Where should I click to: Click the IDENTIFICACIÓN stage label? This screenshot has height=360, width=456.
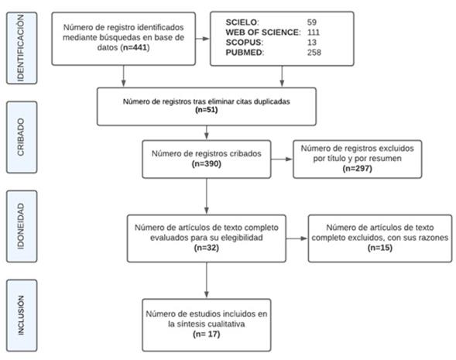[x=21, y=48]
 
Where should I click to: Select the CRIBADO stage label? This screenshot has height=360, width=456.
[x=21, y=137]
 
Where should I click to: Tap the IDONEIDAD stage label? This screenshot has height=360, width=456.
[x=21, y=226]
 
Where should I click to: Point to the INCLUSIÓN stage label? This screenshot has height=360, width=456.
[x=21, y=316]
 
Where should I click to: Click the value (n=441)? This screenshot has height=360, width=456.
[x=135, y=47]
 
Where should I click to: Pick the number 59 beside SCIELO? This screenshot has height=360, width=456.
[x=312, y=22]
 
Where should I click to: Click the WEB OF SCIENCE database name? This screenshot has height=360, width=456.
[x=263, y=33]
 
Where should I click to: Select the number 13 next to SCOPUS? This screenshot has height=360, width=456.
[x=312, y=43]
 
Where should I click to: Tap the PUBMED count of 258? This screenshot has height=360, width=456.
[x=314, y=53]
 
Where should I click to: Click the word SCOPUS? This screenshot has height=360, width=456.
[x=244, y=43]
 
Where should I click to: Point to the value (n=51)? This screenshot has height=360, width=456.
[x=207, y=110]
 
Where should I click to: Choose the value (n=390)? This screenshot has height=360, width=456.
[x=207, y=163]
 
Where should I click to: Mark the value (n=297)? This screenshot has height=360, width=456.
[x=358, y=168]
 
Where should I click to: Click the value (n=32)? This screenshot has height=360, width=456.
[x=207, y=248]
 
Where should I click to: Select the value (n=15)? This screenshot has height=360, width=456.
[x=380, y=248]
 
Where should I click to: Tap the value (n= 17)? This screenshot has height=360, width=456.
[x=207, y=334]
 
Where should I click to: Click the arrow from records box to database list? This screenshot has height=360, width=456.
[x=203, y=39]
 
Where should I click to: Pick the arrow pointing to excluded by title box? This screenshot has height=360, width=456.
[x=282, y=159]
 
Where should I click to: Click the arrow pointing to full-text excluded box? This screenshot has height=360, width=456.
[x=297, y=238]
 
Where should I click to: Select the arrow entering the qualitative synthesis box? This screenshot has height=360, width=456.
[x=207, y=280]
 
